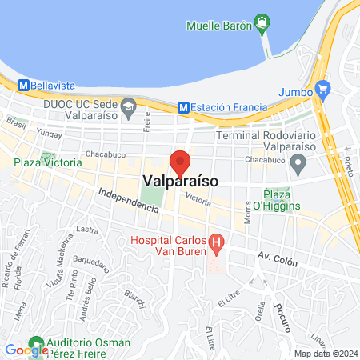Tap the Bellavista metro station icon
click(24, 84)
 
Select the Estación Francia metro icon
click(184, 106)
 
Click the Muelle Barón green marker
click(261, 24)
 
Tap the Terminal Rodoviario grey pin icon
click(299, 165)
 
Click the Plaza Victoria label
click(47, 162)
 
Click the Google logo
click(26, 350)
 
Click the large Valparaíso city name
click(181, 182)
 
